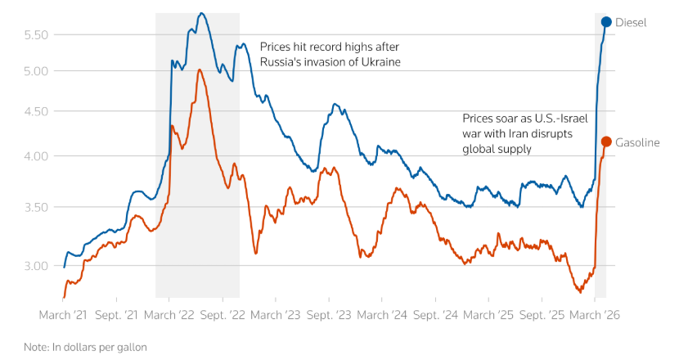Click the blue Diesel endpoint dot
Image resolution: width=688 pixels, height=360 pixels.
[606, 22]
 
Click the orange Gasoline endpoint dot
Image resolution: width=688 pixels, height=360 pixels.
[606, 142]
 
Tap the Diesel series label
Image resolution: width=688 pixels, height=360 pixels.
[631, 23]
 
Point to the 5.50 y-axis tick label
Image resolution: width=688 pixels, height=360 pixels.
[37, 34]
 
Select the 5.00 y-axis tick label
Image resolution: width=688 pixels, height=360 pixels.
[37, 71]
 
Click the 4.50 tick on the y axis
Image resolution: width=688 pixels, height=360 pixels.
[37, 111]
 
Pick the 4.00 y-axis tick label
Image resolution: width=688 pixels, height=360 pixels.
[37, 156]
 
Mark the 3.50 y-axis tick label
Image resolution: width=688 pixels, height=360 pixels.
[37, 207]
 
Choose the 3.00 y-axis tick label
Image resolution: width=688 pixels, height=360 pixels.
[37, 266]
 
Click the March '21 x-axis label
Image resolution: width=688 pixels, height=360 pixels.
[64, 314]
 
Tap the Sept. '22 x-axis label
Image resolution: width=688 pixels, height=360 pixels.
[223, 314]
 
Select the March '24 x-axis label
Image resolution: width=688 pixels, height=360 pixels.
[382, 314]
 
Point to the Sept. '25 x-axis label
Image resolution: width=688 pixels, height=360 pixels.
[542, 314]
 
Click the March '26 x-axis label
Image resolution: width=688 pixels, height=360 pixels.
[595, 314]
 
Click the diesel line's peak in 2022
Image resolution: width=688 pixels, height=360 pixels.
[201, 13]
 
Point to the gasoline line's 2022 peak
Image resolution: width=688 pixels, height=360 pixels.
[200, 70]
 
